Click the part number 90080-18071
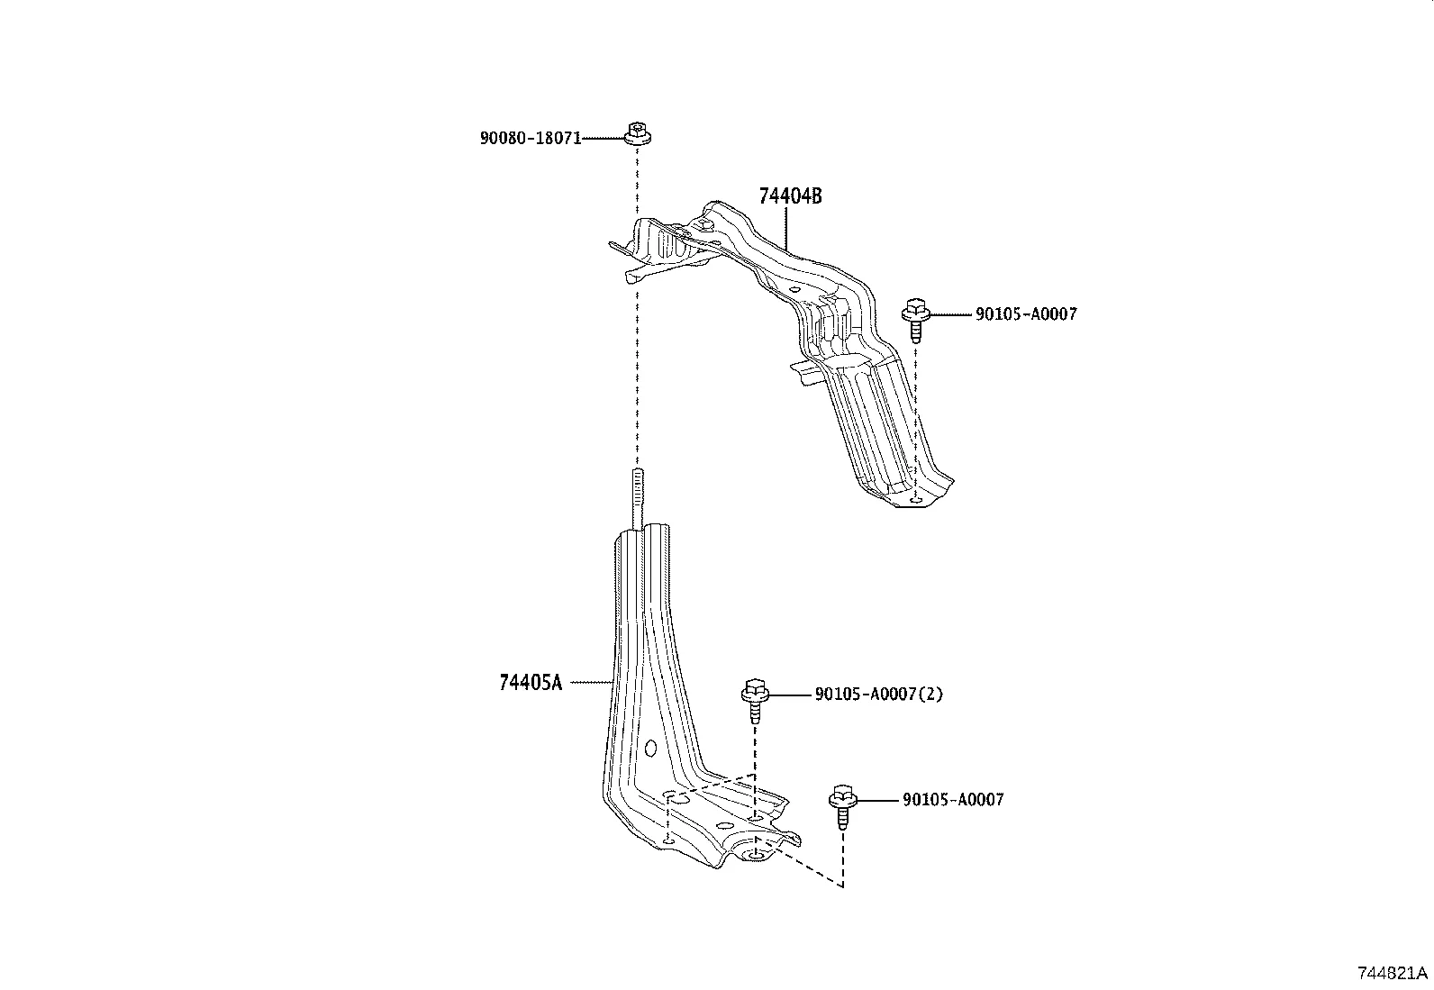[x=530, y=139]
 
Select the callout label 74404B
[x=790, y=196]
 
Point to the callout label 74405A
[x=530, y=683]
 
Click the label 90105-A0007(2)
[x=878, y=695]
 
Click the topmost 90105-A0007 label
[x=1025, y=314]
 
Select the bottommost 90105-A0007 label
[x=952, y=799]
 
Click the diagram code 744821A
[x=1393, y=973]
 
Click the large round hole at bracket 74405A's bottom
[x=758, y=852]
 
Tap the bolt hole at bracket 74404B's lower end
[x=916, y=497]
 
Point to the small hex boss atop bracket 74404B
[x=705, y=222]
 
